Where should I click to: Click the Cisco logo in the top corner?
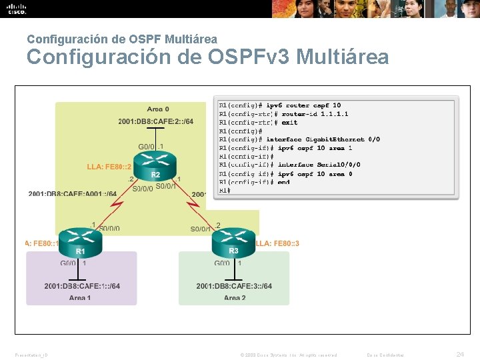point(17,9)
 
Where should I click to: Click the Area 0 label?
point(158,109)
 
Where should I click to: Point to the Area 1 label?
point(80,298)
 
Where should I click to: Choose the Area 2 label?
point(235,298)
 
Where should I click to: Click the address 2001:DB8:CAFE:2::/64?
point(156,121)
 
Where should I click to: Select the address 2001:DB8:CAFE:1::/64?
point(83,286)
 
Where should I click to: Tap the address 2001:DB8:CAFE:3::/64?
point(234,286)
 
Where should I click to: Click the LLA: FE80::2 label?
point(107,167)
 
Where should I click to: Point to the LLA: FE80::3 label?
point(277,243)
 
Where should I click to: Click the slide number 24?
point(458,354)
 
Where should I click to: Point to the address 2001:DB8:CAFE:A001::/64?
point(73,194)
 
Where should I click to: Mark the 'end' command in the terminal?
point(284,182)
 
